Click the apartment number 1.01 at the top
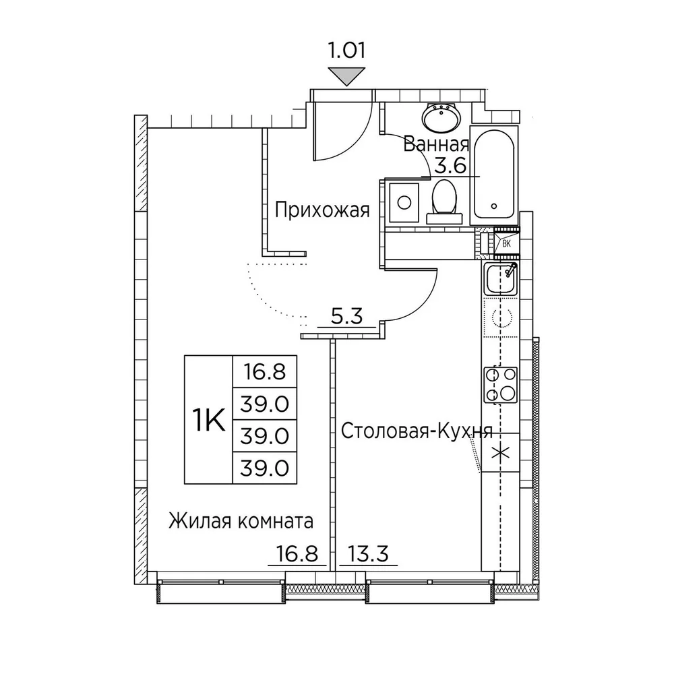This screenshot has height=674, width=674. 346,51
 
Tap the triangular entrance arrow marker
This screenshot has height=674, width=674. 346,77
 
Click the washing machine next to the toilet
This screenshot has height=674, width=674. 404,202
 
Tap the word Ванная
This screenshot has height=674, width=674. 436,145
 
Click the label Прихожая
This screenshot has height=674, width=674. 322,211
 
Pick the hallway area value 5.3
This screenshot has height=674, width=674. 347,316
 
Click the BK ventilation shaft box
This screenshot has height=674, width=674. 506,244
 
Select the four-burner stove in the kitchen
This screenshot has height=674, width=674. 501,385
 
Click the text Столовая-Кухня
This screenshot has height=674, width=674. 417,431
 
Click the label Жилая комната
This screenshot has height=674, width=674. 241,522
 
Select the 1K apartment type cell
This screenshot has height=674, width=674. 209,420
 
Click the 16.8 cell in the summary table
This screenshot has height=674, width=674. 265,372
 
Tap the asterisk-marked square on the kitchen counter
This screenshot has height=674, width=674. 501,453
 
